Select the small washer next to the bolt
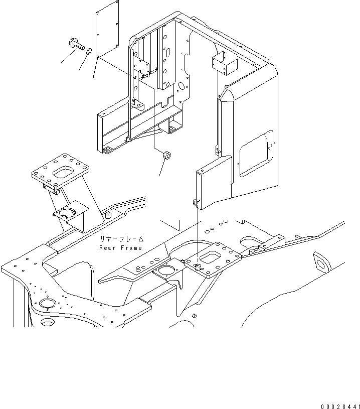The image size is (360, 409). [87, 51]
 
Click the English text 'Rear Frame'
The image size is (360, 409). [120, 248]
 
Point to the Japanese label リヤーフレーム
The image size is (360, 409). [120, 239]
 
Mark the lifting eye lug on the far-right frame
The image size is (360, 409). [319, 260]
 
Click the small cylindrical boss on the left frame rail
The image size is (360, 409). [107, 216]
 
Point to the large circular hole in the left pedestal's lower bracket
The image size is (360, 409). [66, 213]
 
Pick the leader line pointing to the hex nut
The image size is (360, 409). [161, 169]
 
